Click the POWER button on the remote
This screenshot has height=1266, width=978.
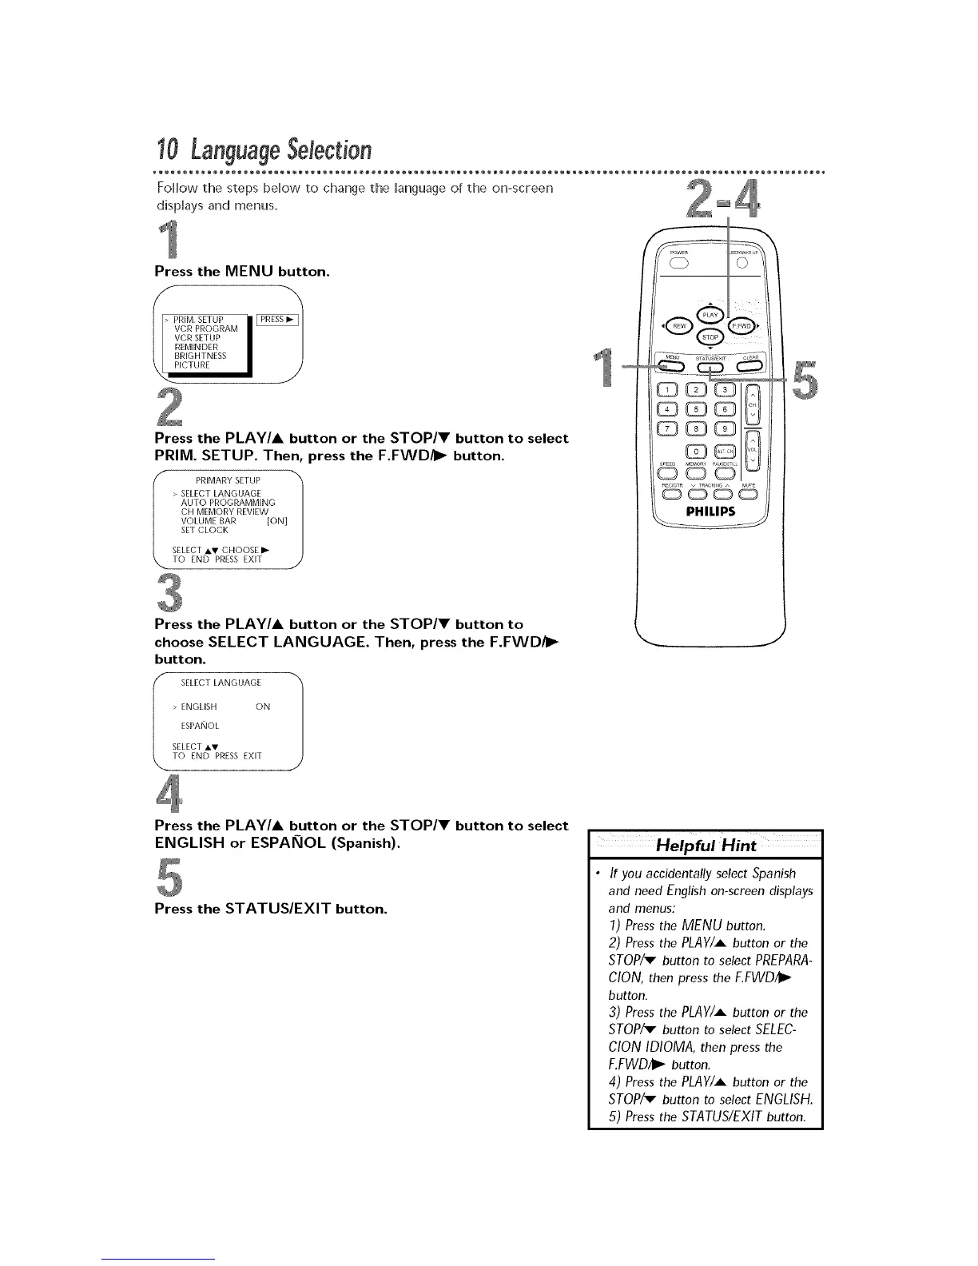(x=678, y=265)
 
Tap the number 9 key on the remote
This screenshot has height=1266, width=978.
(x=725, y=429)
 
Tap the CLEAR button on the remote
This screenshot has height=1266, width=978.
(x=749, y=367)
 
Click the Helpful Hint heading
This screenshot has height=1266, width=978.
(x=706, y=846)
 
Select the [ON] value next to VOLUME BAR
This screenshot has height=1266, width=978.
(x=276, y=520)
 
